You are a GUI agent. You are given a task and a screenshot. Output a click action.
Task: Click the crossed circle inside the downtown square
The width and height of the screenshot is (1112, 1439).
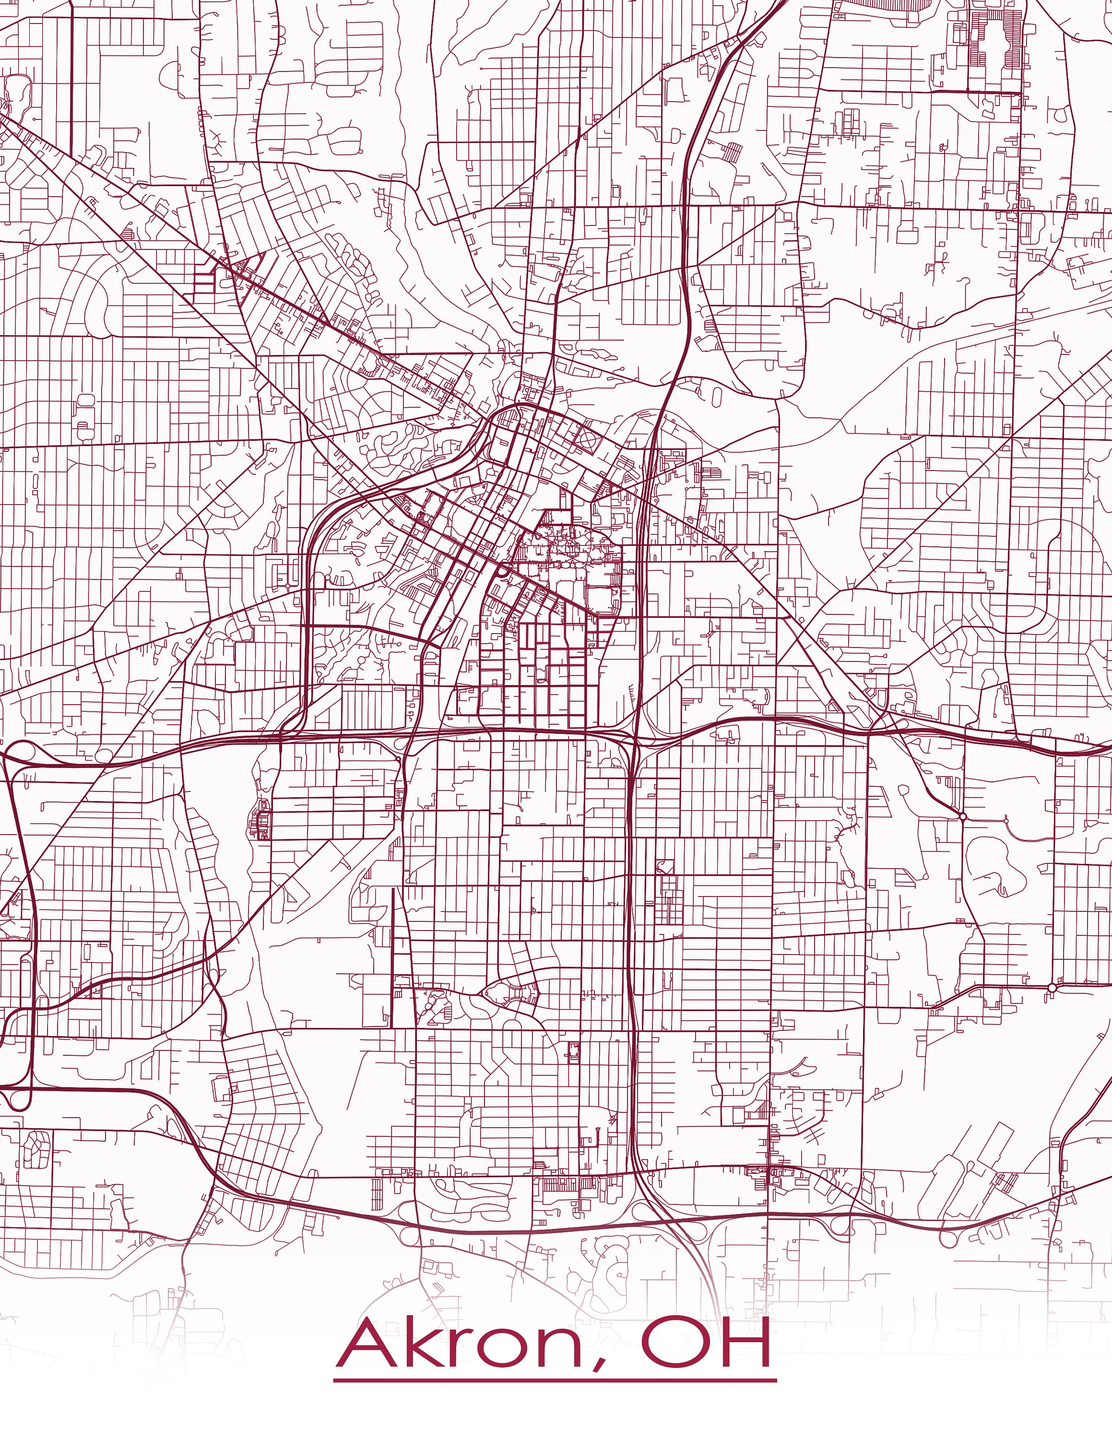[x=586, y=436]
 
